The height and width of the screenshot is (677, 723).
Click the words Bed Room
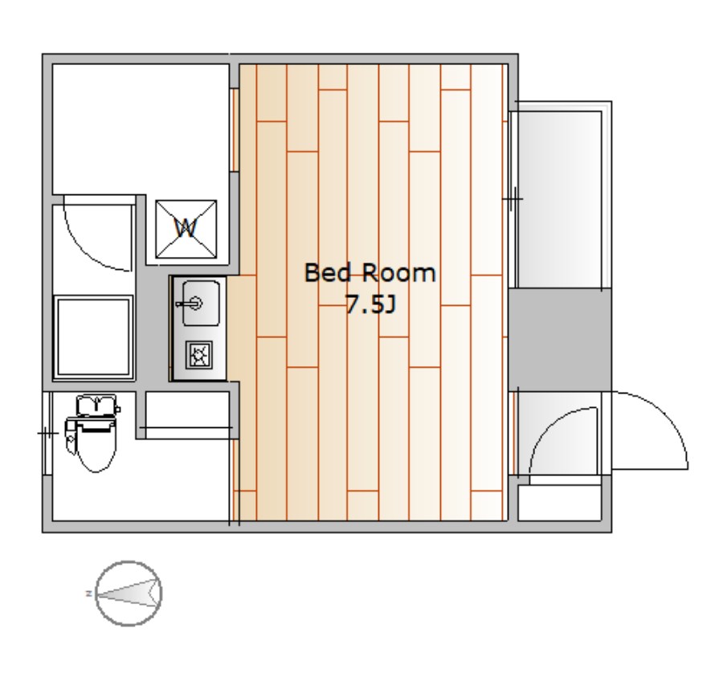(x=370, y=273)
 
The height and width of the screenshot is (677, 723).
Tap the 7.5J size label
(x=370, y=304)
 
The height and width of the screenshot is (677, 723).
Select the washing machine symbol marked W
(x=186, y=229)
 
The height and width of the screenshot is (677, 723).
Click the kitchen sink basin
(x=201, y=304)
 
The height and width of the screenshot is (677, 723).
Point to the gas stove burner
(x=199, y=355)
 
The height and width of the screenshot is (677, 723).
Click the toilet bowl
(x=96, y=448)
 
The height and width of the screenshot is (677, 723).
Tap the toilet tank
(x=96, y=405)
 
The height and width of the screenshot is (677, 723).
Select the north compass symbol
(x=129, y=593)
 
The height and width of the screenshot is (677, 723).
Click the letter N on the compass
(x=88, y=593)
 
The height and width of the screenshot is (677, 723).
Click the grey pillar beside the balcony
(x=560, y=339)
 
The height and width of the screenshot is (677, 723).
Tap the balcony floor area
(x=560, y=199)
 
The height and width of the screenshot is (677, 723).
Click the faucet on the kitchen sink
(x=190, y=304)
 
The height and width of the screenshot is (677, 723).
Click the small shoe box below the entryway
(x=559, y=503)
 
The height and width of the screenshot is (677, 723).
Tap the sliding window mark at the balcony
(x=513, y=199)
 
